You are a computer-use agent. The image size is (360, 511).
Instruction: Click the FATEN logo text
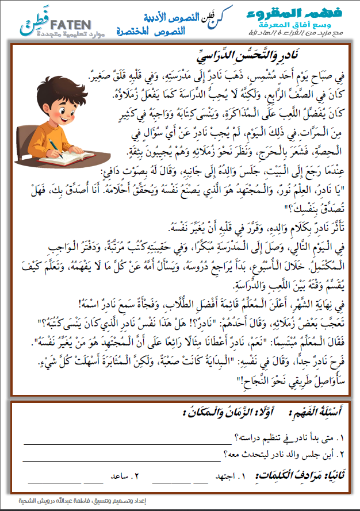pyautogui.click(x=70, y=25)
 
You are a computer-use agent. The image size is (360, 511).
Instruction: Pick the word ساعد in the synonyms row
pyautogui.click(x=121, y=477)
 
